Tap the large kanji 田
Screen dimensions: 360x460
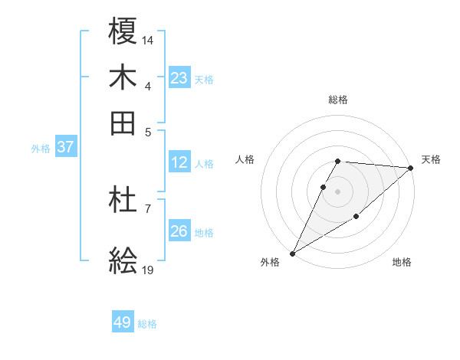point(123,123)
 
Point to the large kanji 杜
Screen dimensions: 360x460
point(123,201)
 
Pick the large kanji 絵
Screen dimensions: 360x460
point(123,262)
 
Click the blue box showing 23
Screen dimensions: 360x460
point(179,78)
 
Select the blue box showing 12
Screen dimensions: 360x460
point(179,162)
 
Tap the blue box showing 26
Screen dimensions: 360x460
point(179,231)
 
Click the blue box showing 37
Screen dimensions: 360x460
point(65,147)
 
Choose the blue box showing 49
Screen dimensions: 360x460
point(123,322)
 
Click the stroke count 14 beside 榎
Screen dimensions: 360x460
point(148,38)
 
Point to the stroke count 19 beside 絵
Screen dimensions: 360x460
point(148,270)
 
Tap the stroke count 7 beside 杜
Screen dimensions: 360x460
point(147,208)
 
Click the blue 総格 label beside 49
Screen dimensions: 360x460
point(147,324)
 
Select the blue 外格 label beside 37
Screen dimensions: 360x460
point(40,149)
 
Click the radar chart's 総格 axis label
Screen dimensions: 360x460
point(337,100)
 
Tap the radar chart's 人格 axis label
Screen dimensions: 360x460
point(245,159)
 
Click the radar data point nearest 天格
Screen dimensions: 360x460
point(411,168)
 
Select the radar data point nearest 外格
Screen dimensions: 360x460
point(292,253)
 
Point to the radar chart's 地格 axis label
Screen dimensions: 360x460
point(402,263)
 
